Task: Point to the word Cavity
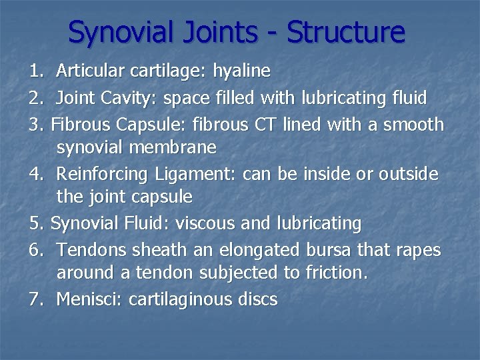[x=124, y=99]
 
